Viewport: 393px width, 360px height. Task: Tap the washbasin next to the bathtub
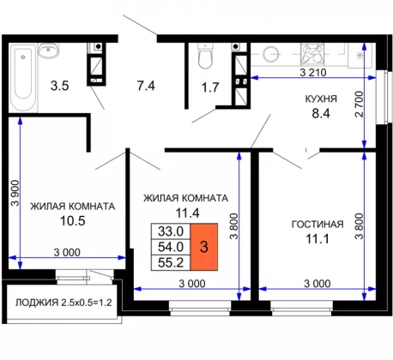click(x=48, y=51)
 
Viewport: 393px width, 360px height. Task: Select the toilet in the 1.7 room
click(x=205, y=56)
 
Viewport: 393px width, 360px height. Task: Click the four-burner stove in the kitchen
click(x=312, y=53)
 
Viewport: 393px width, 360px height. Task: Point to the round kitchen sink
click(x=270, y=54)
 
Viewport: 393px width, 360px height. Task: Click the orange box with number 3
click(x=204, y=247)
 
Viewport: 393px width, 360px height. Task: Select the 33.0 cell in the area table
click(x=171, y=231)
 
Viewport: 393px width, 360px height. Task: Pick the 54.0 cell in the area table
click(x=171, y=247)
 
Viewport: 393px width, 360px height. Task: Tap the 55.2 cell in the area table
click(x=171, y=262)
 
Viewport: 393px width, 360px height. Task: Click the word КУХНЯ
click(x=321, y=99)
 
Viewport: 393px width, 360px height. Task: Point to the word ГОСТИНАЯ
click(x=317, y=225)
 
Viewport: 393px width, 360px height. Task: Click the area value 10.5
click(x=73, y=220)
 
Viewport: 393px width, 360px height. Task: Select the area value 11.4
click(x=187, y=213)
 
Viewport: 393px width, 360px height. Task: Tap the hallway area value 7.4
click(x=146, y=86)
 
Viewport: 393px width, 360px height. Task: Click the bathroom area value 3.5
click(x=60, y=86)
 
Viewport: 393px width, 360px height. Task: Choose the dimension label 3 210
click(x=313, y=73)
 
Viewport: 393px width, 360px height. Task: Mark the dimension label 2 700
click(x=359, y=104)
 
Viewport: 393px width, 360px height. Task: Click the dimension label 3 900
click(x=15, y=193)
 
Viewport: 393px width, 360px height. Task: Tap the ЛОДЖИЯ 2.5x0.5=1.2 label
click(x=63, y=303)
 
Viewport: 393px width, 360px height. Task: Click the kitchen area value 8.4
click(x=321, y=113)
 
